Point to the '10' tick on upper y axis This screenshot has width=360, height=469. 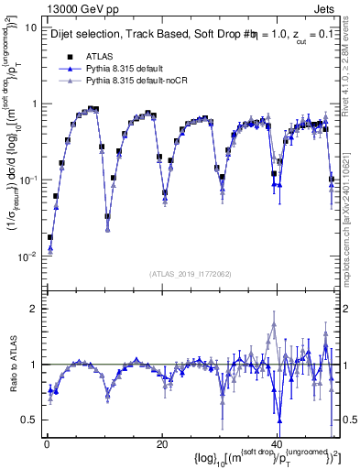tap(29, 27)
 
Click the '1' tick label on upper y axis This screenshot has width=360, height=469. tap(33, 104)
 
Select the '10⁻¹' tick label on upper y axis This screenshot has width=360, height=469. tap(27, 179)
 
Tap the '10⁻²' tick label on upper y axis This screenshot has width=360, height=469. tap(27, 255)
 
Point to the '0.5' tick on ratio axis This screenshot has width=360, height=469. tap(29, 420)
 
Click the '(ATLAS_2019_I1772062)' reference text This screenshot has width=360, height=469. tap(192, 274)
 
